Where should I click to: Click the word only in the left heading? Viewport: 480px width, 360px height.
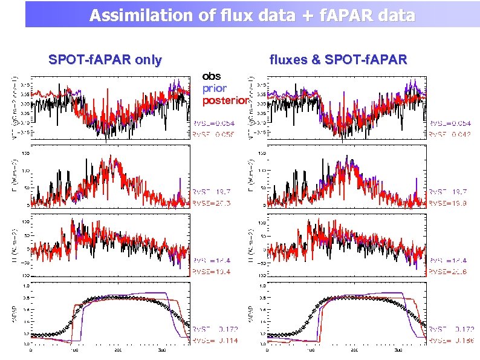(x=148, y=60)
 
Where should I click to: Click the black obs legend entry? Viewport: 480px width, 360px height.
(x=212, y=76)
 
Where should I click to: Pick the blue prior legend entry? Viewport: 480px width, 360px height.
(x=215, y=88)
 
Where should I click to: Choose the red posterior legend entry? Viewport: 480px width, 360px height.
(x=225, y=100)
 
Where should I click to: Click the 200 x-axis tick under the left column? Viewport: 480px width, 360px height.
(x=118, y=350)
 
